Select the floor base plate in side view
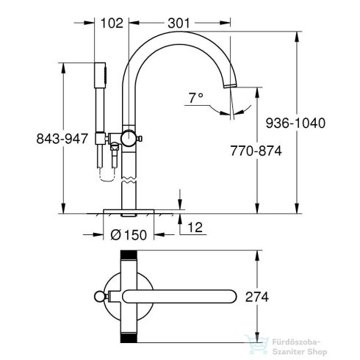tap(129, 212)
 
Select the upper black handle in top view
tap(129, 256)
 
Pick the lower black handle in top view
tap(129, 336)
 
